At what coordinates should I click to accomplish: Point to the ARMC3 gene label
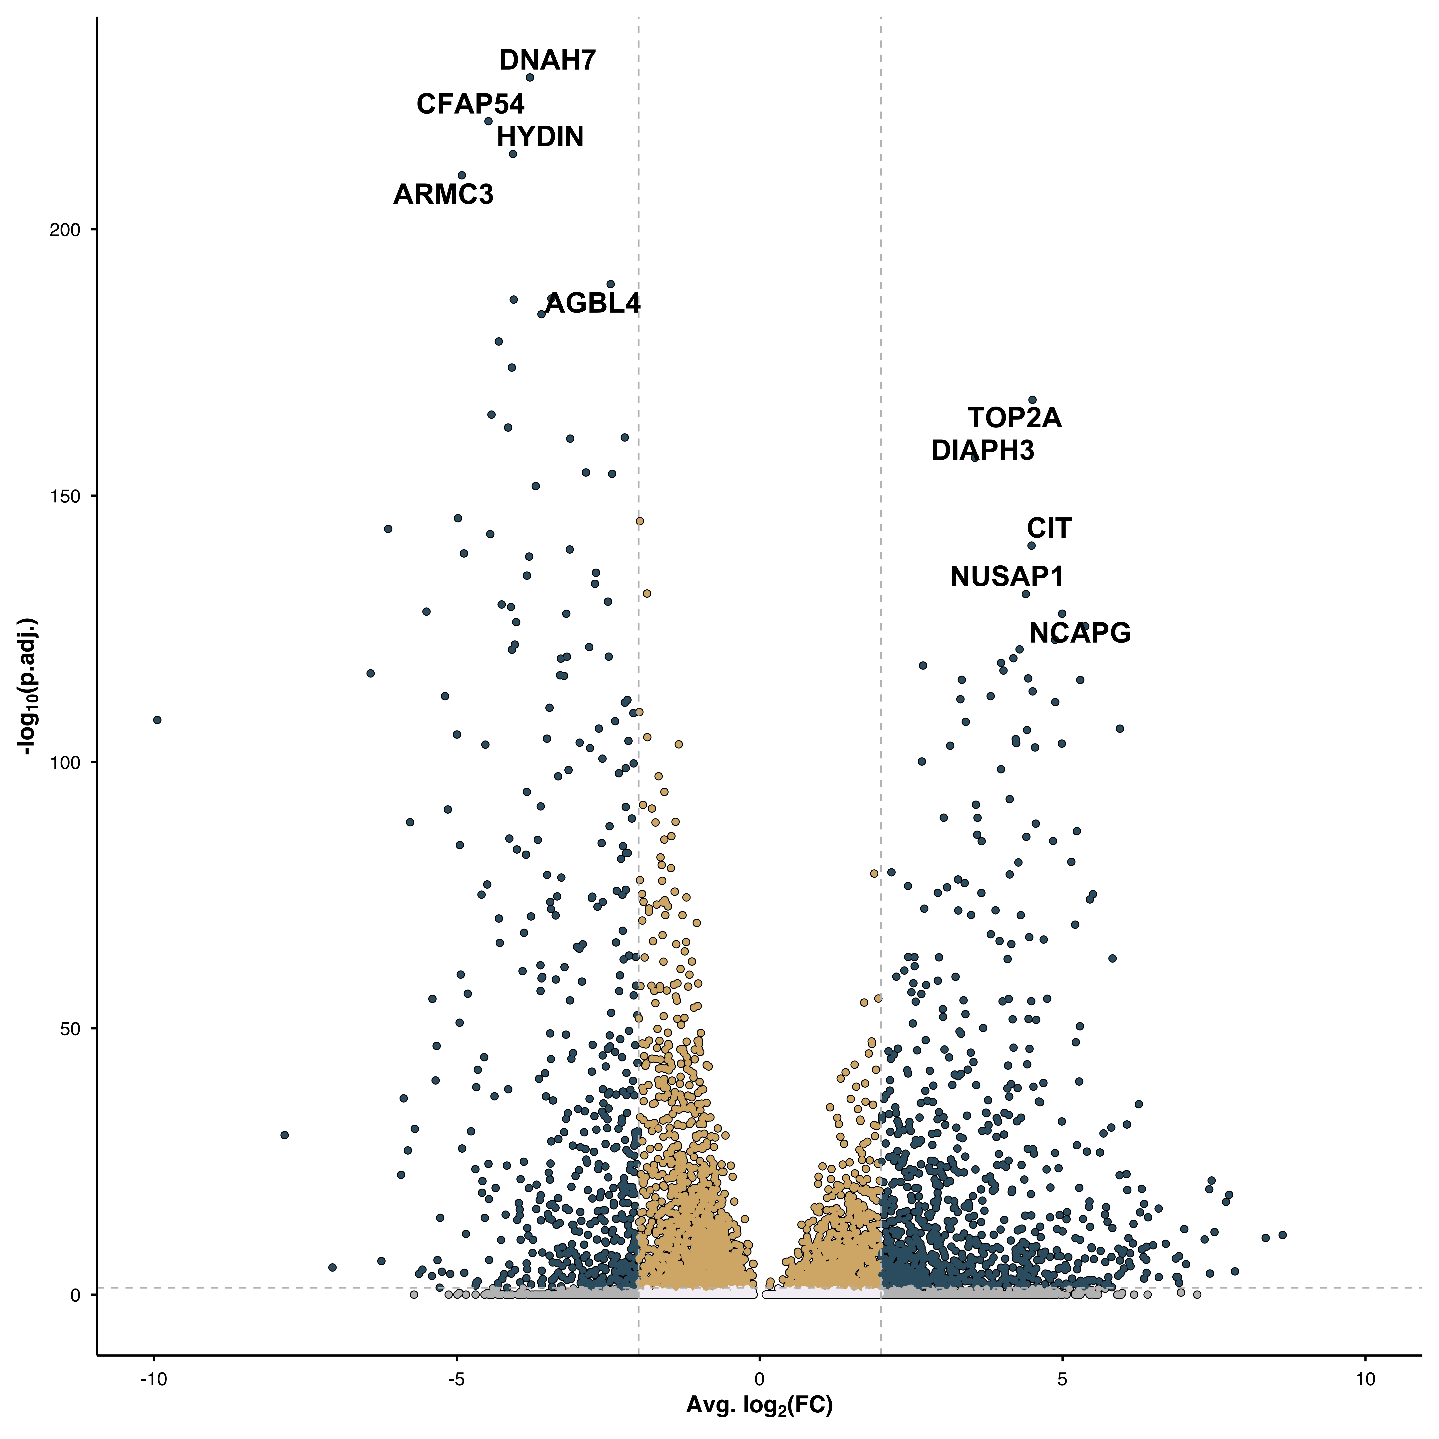tap(443, 194)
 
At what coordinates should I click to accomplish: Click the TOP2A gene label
tap(1014, 418)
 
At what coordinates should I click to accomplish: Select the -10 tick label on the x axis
tap(153, 1379)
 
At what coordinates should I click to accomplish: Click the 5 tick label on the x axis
tap(1062, 1379)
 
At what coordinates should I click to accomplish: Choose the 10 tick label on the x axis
tap(1364, 1379)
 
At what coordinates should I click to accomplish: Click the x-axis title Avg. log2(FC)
tap(759, 1405)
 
